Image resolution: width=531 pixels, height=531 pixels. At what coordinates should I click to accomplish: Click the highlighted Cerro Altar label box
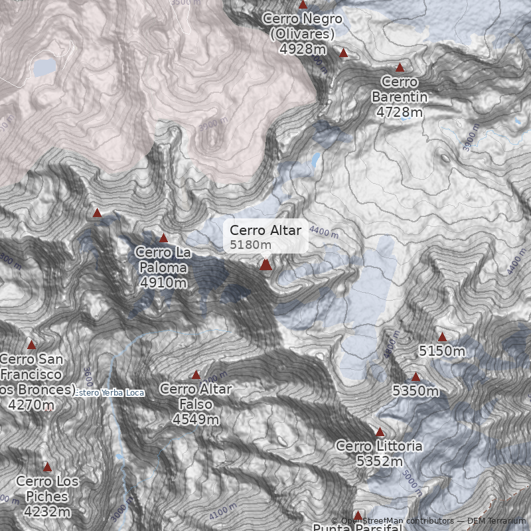click(265, 236)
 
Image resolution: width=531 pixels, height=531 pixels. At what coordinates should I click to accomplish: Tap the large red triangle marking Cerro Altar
click(265, 265)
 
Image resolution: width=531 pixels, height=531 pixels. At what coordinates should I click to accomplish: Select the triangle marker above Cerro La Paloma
click(164, 238)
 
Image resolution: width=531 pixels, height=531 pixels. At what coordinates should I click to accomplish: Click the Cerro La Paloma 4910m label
click(163, 267)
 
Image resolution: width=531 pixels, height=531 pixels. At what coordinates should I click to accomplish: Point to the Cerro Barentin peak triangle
click(400, 68)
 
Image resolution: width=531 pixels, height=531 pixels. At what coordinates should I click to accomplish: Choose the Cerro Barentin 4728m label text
click(399, 97)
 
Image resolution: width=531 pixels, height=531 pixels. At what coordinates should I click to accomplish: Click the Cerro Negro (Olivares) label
click(302, 33)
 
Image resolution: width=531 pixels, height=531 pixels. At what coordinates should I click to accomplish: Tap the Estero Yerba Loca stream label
click(109, 393)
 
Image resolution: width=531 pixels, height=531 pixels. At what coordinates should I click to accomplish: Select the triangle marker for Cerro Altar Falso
click(196, 375)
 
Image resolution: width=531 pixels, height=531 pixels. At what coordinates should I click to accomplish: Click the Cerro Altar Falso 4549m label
click(195, 404)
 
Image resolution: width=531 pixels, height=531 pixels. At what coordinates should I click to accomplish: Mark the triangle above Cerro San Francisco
click(31, 344)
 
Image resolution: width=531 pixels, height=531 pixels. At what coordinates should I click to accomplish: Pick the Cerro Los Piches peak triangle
click(47, 467)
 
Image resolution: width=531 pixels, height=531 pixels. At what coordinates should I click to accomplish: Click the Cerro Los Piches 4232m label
click(44, 496)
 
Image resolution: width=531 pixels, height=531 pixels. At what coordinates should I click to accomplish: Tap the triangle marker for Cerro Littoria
click(380, 432)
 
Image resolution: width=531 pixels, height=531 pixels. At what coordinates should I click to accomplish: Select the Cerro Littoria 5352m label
click(379, 453)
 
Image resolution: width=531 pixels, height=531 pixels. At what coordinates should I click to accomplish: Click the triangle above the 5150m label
click(442, 337)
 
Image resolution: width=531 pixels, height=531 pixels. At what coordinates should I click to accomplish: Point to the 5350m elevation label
click(416, 391)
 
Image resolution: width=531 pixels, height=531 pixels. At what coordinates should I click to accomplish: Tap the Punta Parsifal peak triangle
click(358, 516)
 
